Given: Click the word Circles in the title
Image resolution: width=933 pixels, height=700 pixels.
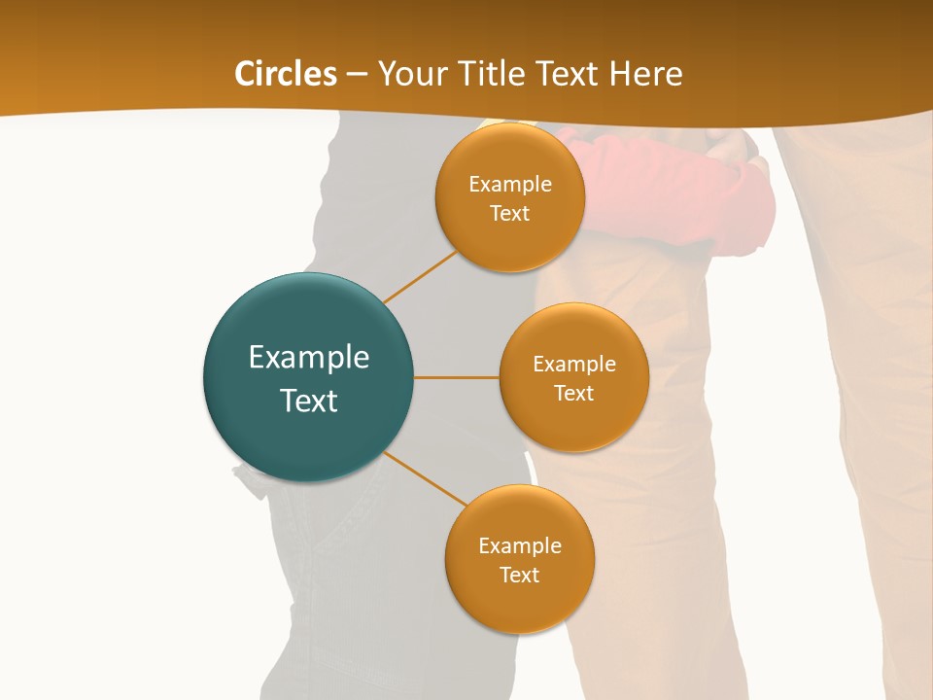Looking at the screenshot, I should (285, 74).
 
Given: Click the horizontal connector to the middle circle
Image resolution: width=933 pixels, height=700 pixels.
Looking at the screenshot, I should (456, 377).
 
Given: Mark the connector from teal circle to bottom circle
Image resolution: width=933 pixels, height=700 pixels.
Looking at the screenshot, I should (426, 479).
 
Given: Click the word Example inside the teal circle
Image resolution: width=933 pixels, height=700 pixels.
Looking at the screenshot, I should (309, 358).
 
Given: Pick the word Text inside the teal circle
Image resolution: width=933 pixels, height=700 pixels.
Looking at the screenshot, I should (309, 401).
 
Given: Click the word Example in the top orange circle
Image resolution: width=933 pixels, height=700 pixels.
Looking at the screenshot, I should (510, 185).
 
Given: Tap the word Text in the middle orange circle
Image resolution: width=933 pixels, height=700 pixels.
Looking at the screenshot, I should (573, 394).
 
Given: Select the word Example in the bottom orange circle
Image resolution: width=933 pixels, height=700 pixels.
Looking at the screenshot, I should (520, 546).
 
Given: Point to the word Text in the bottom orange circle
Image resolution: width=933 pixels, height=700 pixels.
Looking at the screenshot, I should (519, 576).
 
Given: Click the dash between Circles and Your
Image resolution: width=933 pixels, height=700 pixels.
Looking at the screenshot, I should (357, 74).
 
